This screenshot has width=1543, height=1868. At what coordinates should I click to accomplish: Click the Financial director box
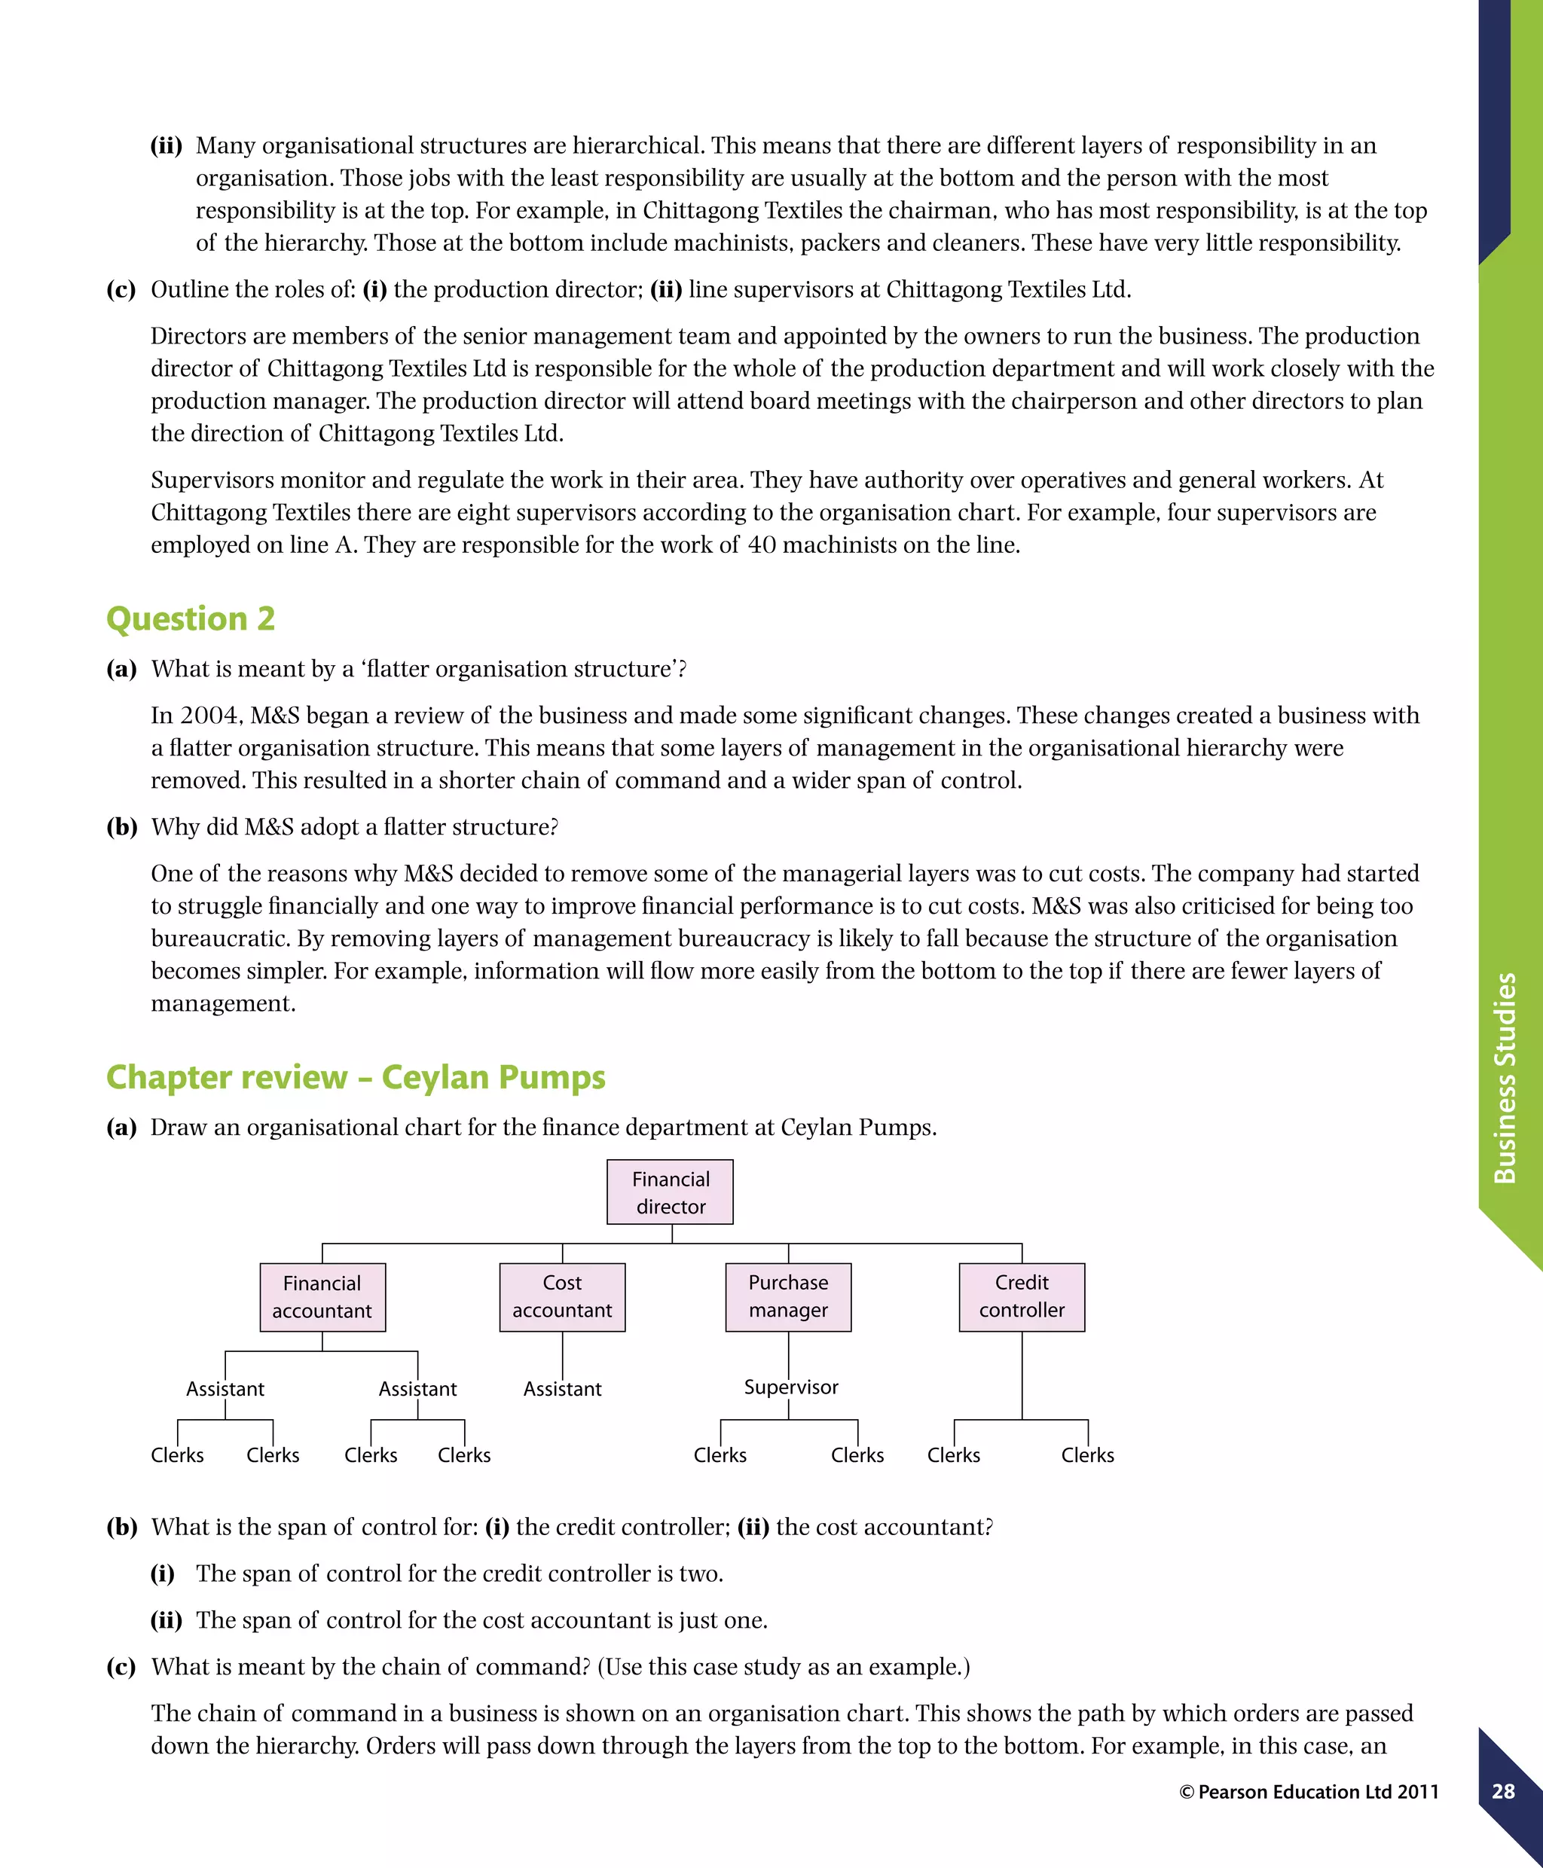click(x=671, y=1192)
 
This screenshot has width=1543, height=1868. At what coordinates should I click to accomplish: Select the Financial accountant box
click(x=322, y=1296)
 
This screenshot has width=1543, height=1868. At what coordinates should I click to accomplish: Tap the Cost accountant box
click(x=562, y=1296)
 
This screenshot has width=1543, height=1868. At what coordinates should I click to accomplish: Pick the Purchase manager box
click(x=787, y=1296)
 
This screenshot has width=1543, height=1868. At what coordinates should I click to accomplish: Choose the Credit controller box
click(x=1022, y=1296)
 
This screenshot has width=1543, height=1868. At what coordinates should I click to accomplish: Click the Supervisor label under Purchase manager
click(x=790, y=1387)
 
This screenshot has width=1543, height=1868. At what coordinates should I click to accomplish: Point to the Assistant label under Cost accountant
click(x=562, y=1388)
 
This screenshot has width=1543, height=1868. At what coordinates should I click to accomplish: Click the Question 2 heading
click(x=190, y=618)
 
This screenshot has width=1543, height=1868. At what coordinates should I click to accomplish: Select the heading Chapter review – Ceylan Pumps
click(x=356, y=1077)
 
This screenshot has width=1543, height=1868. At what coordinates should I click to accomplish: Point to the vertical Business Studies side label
click(x=1504, y=1077)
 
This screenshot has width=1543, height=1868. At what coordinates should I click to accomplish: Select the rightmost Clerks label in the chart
click(x=1087, y=1454)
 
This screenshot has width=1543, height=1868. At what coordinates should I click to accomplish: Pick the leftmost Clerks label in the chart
click(x=177, y=1454)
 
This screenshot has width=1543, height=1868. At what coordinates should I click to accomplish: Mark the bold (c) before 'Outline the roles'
click(x=121, y=290)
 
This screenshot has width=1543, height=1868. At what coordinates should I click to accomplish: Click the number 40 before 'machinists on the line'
click(x=762, y=545)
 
